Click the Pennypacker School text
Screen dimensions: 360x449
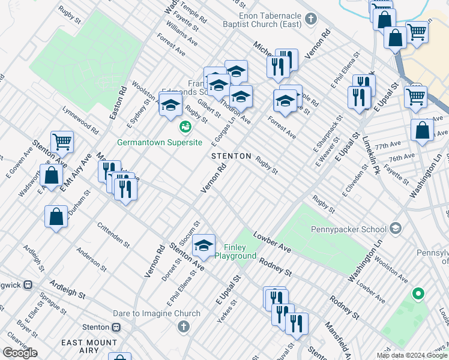tap(348, 229)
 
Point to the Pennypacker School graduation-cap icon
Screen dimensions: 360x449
tap(395, 228)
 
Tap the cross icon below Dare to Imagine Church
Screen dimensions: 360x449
tap(184, 326)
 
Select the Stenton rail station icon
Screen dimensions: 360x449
tap(116, 327)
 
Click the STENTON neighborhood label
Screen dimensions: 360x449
tap(231, 156)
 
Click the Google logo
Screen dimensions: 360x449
tap(20, 353)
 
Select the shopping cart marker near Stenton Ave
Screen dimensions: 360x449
tap(62, 142)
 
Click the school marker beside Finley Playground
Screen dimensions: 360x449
tap(204, 245)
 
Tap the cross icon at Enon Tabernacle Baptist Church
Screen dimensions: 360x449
tap(311, 19)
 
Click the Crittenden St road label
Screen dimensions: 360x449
tap(113, 235)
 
